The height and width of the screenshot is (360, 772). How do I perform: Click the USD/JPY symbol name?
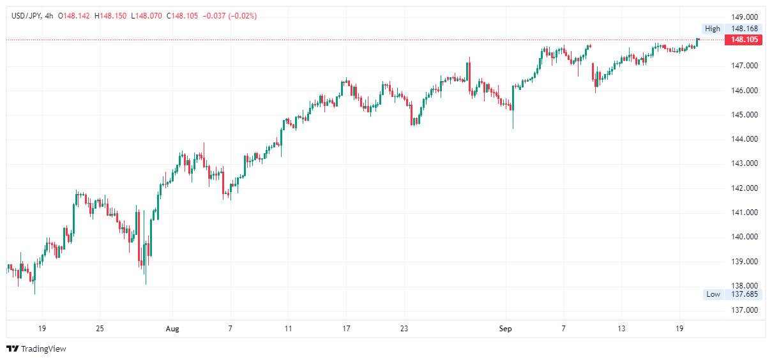tap(26, 16)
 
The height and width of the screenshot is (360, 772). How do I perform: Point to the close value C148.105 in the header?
tap(183, 16)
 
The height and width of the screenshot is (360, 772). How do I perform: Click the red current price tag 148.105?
tap(745, 40)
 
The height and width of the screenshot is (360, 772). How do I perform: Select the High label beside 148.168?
tap(712, 29)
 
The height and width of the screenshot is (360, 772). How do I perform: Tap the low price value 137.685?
tap(744, 294)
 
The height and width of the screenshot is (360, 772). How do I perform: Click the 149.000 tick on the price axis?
tap(744, 17)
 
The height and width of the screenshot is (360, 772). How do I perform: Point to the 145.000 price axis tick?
tap(744, 115)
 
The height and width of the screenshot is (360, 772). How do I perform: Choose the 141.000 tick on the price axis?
tap(744, 213)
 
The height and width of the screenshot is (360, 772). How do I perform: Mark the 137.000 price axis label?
tap(744, 310)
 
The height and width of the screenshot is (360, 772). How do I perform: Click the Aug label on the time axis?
tap(172, 329)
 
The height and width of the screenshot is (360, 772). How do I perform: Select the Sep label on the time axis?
tap(505, 329)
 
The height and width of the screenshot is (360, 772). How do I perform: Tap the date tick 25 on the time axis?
tap(100, 329)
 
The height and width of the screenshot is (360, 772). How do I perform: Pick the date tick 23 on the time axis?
tap(404, 329)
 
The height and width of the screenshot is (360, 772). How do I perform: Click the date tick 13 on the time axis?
tap(621, 329)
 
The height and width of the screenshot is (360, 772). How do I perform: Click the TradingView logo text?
tap(43, 349)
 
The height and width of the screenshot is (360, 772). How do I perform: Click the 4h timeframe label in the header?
tap(49, 16)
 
